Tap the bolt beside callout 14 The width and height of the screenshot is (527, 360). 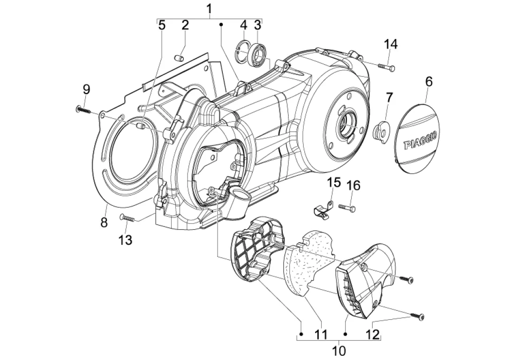click(x=386, y=67)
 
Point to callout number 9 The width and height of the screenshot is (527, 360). click(x=86, y=90)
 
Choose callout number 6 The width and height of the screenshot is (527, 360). click(x=429, y=82)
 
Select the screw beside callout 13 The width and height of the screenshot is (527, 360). click(x=128, y=218)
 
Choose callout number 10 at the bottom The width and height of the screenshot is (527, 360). click(x=339, y=351)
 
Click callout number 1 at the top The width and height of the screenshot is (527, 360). click(x=210, y=9)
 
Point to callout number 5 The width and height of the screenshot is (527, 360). click(x=162, y=25)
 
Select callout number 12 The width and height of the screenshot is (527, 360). click(x=373, y=334)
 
